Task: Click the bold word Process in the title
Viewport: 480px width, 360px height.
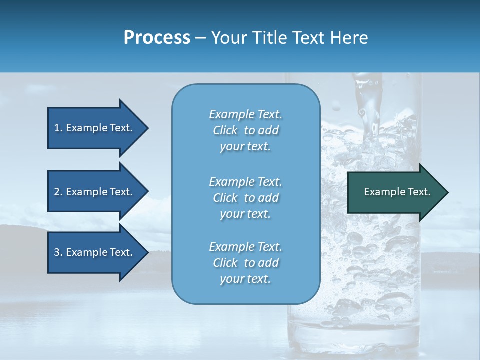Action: pos(157,38)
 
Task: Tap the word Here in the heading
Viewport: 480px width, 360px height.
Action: pos(348,38)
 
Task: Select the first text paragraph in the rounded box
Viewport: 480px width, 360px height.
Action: pos(245,130)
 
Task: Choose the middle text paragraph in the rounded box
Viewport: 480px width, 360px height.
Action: pos(245,198)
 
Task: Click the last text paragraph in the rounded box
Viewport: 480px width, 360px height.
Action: pos(245,263)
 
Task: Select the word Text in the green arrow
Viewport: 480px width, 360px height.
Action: pos(419,192)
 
